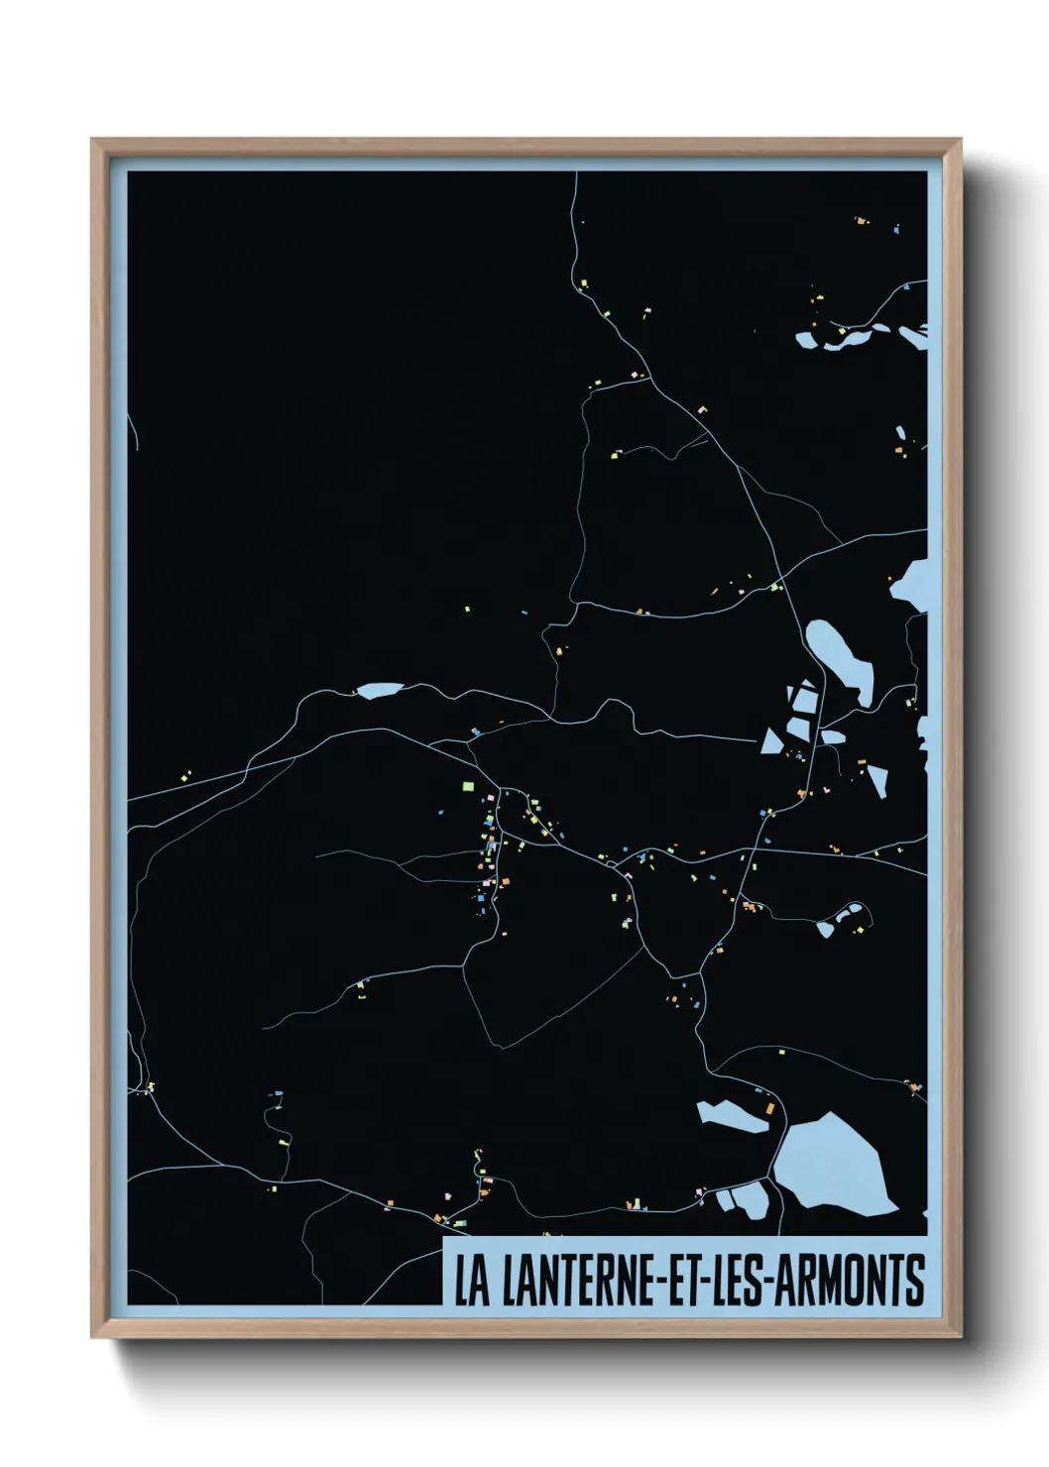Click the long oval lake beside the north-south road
[x=839, y=656]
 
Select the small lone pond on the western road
[x=379, y=690]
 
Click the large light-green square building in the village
[x=468, y=786]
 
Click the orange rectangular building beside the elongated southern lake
[x=767, y=1106]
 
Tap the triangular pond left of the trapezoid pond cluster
[x=771, y=739]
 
